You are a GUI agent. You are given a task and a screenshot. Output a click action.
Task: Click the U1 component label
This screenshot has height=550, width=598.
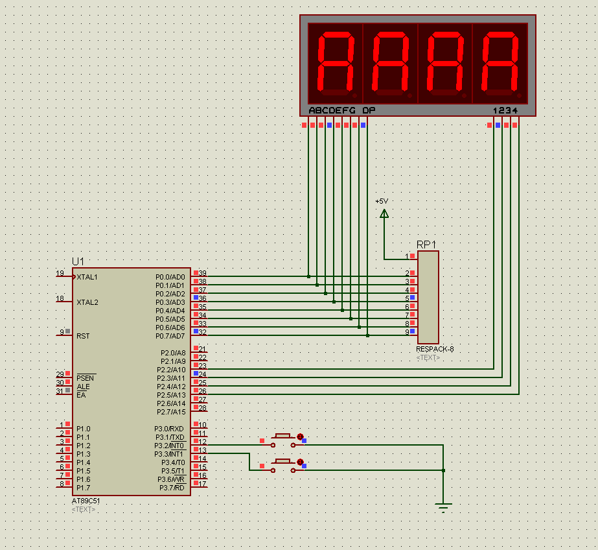tap(78, 261)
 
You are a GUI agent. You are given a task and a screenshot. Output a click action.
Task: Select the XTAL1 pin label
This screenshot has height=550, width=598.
tap(87, 277)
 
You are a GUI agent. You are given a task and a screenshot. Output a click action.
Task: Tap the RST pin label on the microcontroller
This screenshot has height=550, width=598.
tap(83, 336)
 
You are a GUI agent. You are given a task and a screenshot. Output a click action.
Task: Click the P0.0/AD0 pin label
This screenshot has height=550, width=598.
tap(170, 277)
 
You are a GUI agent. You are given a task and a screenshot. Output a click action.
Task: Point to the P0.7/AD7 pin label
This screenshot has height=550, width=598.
tap(170, 336)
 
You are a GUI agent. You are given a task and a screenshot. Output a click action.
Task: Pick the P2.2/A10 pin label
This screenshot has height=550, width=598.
tap(171, 370)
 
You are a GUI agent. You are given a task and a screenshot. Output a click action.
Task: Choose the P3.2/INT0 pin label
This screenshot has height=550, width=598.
tap(169, 446)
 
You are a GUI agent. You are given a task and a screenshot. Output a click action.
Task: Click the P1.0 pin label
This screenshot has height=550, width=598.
tap(84, 429)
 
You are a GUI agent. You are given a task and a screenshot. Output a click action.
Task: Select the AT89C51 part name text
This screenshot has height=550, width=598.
tap(86, 501)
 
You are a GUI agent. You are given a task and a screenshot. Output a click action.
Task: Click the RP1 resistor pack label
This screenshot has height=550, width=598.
tap(426, 245)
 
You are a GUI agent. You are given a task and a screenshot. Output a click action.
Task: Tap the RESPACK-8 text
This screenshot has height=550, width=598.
tap(435, 349)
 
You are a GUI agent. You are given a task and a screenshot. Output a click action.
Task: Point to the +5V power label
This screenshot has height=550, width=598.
tap(382, 201)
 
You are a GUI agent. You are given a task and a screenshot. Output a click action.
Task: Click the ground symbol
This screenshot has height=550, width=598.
tap(443, 507)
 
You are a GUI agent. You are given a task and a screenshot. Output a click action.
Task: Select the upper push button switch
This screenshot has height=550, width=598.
tap(282, 440)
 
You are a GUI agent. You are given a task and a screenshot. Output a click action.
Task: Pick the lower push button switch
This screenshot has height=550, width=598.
tap(282, 464)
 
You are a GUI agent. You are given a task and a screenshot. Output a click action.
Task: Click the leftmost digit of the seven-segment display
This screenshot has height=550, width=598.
tap(335, 63)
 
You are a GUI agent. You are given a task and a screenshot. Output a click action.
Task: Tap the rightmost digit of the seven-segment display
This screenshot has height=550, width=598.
tap(500, 63)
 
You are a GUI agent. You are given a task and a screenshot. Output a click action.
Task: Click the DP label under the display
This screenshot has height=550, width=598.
tap(369, 110)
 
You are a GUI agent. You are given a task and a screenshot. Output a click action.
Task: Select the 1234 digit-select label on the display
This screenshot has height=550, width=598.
tap(505, 110)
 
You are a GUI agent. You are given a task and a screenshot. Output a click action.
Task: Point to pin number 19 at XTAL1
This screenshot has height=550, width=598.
tap(60, 273)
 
